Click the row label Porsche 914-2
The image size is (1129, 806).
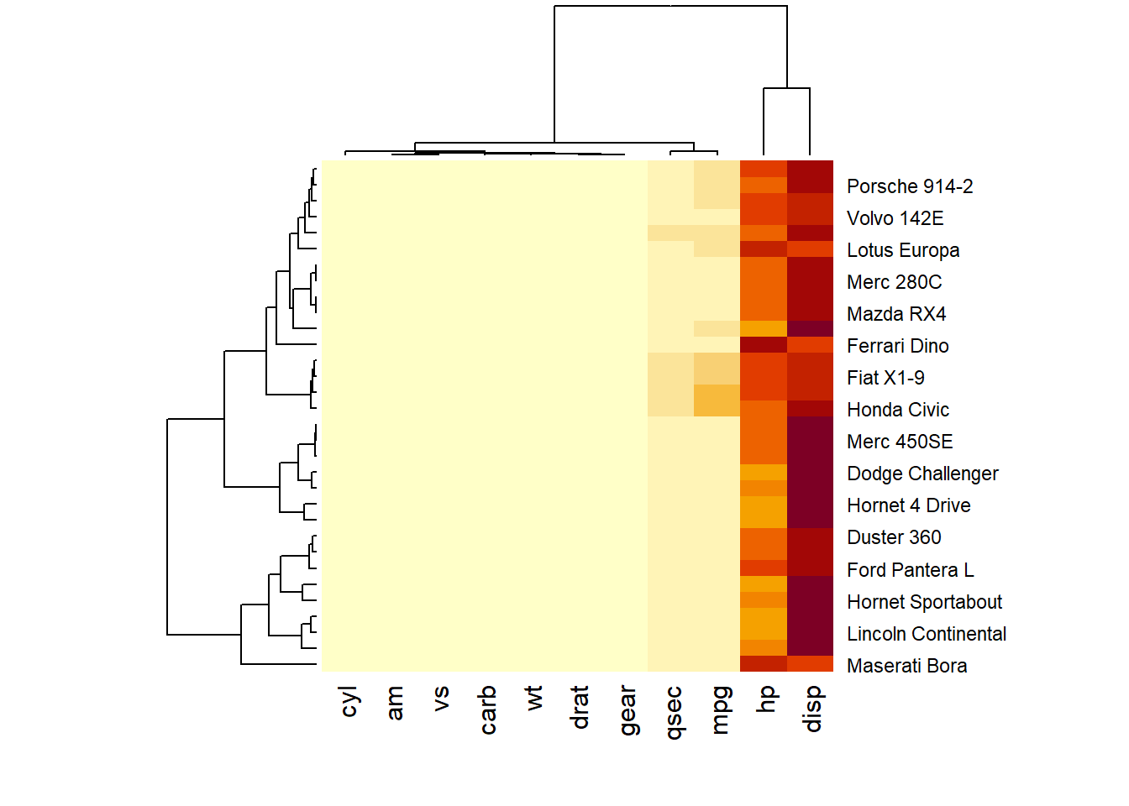(x=909, y=186)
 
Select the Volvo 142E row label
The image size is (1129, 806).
(x=895, y=218)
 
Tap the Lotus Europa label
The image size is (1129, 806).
(x=902, y=250)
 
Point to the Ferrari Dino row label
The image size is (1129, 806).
(x=897, y=346)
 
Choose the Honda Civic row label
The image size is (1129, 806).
(x=897, y=410)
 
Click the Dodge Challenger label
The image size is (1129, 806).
(x=922, y=474)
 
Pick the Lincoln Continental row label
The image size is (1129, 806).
(x=926, y=634)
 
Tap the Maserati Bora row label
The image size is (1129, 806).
(x=906, y=666)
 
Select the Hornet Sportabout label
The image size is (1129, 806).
(x=924, y=602)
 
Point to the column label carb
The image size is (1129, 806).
(x=488, y=710)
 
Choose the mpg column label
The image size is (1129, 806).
(x=719, y=710)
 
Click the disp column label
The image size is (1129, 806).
(x=811, y=709)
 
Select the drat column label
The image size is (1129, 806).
(x=580, y=707)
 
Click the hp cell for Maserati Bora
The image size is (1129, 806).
(x=764, y=664)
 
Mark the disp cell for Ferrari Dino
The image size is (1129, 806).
(x=810, y=344)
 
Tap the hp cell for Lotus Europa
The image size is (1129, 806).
(x=764, y=249)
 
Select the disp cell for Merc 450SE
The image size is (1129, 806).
(x=810, y=440)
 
